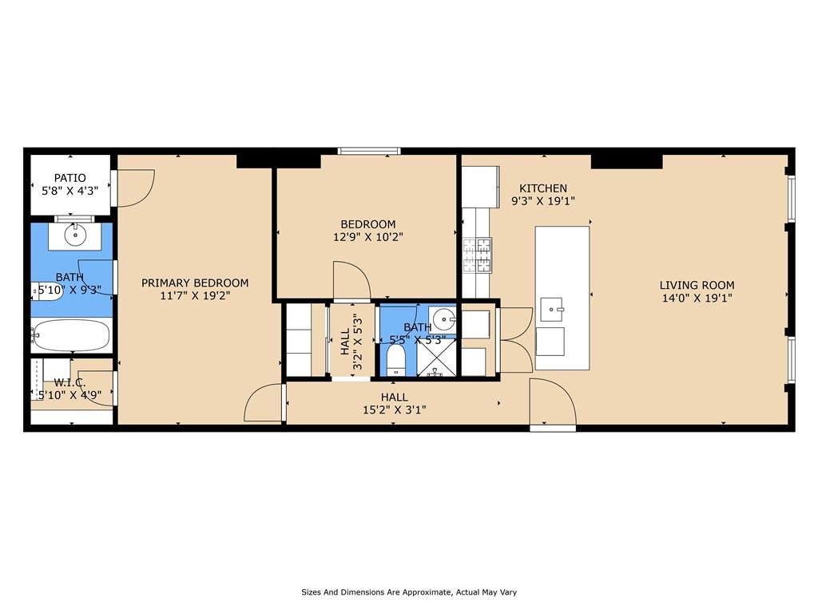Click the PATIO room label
point(69,177)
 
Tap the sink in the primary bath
point(76,235)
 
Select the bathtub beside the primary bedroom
point(71,335)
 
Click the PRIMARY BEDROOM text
point(195,283)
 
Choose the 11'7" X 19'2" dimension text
point(195,296)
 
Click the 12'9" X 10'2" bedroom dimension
point(367,237)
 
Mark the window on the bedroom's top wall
point(369,150)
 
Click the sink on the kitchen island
point(552,307)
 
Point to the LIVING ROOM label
point(697,285)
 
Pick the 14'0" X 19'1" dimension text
point(697,299)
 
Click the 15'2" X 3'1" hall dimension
point(394,410)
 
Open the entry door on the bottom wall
point(553,407)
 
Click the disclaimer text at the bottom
point(409,592)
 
